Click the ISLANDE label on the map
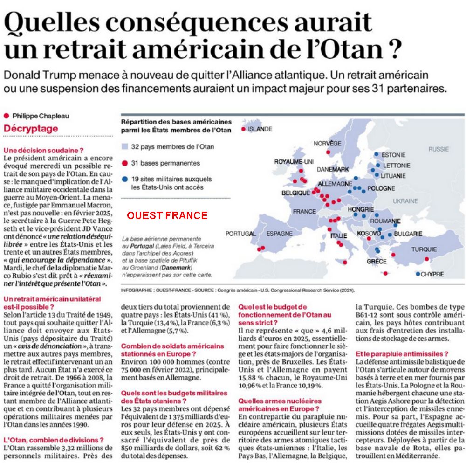[260, 129]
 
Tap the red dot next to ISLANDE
[243, 129]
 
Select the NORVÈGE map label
[327, 143]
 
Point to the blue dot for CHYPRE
[418, 274]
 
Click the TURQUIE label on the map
[424, 249]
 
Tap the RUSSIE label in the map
[438, 149]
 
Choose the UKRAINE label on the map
[405, 201]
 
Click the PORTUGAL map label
[240, 233]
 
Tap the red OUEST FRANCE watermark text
[167, 215]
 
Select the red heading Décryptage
[31, 128]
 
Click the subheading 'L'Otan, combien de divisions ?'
[54, 440]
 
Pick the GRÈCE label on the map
[377, 262]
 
